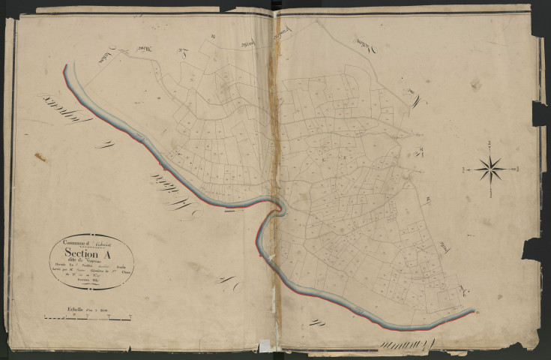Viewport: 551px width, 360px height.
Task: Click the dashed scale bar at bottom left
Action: (86, 317)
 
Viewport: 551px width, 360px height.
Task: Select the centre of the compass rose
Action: (490, 169)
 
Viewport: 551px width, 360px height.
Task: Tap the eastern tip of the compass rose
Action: (515, 169)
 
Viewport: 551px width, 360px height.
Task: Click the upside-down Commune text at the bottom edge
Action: (401, 343)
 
